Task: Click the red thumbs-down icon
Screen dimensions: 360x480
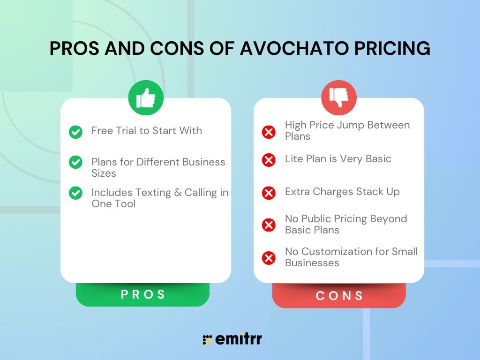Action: (x=339, y=97)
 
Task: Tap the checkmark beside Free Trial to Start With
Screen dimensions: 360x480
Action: (x=75, y=132)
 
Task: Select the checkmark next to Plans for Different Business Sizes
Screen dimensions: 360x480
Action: (x=75, y=163)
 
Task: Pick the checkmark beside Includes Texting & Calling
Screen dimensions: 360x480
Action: (x=75, y=193)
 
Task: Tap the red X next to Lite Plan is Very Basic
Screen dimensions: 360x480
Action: (x=269, y=160)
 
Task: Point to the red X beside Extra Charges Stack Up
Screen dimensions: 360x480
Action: (x=269, y=193)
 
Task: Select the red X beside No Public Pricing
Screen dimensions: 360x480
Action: (x=269, y=225)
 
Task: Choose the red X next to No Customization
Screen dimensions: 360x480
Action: (x=269, y=257)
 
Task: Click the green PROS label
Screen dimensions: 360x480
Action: (x=143, y=294)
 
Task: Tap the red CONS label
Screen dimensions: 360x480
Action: (x=339, y=296)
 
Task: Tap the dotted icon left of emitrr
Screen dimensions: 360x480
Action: (x=207, y=340)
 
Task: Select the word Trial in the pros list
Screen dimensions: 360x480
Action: (x=126, y=130)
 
